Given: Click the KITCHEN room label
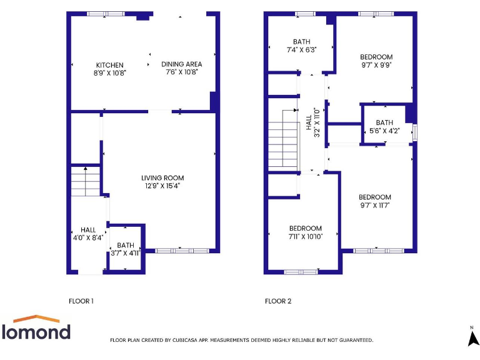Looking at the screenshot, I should (109, 65).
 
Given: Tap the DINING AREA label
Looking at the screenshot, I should (182, 64).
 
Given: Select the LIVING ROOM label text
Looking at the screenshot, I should (162, 178).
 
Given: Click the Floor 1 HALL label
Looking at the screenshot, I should (87, 229).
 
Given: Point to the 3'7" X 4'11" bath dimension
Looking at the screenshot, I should (126, 253).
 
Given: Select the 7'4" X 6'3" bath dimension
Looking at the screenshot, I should (301, 49).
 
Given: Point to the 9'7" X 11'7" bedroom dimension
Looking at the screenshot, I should (375, 205).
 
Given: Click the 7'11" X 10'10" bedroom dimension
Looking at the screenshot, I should (305, 236).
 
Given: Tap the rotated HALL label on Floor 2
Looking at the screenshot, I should (309, 122).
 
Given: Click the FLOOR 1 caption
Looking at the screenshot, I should (81, 301).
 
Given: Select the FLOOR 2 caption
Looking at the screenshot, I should (278, 301).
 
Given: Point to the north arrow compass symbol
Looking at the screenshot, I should (473, 337).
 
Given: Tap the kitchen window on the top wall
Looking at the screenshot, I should (96, 14).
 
